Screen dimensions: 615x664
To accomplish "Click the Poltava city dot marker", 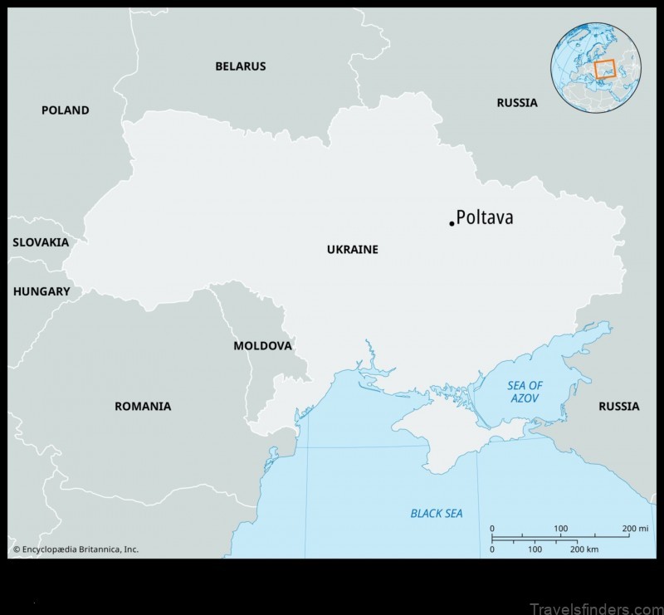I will click(x=452, y=223).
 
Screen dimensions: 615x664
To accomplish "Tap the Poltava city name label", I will click(x=486, y=218).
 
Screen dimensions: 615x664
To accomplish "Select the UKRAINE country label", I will click(x=352, y=249).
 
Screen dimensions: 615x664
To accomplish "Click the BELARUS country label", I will click(x=241, y=66).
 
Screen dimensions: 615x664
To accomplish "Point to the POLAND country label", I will click(x=66, y=110).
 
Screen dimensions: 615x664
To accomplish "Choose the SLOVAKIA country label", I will click(x=41, y=242).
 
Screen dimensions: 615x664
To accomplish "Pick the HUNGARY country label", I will click(x=41, y=291).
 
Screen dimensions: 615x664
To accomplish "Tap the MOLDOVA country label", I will click(x=262, y=345).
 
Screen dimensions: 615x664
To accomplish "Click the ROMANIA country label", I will click(x=143, y=406).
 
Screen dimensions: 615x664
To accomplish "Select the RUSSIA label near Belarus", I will click(x=517, y=103).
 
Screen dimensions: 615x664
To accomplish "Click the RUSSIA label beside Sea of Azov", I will click(x=619, y=406).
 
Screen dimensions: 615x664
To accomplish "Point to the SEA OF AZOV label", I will click(x=525, y=392).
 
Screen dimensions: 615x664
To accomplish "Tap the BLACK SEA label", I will click(x=437, y=514).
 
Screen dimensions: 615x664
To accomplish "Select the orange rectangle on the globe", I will click(x=604, y=69).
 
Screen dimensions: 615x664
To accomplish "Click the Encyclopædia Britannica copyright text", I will click(x=76, y=549).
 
